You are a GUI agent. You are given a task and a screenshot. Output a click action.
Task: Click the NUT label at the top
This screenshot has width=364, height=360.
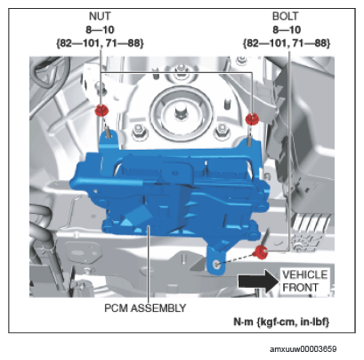(x=100, y=16)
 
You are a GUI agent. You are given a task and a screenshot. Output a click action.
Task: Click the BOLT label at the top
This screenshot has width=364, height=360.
(x=286, y=16)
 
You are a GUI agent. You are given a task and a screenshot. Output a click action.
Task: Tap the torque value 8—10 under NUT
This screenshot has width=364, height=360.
(x=100, y=29)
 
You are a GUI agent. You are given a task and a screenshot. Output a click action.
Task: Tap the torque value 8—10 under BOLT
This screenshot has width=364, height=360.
(x=287, y=29)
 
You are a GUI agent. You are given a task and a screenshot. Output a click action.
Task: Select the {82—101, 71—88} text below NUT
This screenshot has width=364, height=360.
(x=100, y=44)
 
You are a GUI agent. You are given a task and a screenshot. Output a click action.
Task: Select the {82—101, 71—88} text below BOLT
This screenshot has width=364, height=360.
(x=287, y=44)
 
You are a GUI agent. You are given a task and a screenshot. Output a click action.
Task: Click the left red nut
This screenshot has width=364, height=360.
(x=101, y=110)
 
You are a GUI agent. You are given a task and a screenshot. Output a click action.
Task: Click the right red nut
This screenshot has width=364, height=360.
(x=252, y=119)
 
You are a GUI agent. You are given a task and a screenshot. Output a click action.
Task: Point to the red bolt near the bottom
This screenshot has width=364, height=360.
(x=260, y=252)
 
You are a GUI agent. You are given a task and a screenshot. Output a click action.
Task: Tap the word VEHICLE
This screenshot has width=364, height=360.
(x=304, y=274)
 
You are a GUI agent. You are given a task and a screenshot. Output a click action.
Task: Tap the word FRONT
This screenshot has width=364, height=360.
(x=300, y=288)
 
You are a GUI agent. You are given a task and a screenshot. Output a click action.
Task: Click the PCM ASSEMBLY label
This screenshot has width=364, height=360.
(x=145, y=308)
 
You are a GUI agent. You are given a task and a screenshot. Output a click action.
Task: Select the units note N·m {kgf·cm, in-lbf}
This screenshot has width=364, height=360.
(x=281, y=322)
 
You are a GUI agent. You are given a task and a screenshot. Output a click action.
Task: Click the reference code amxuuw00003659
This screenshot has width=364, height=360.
(x=303, y=349)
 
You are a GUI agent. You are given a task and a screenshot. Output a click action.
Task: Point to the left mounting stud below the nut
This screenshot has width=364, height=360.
(x=108, y=132)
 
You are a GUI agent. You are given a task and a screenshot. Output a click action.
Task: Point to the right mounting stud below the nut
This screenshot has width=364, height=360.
(x=250, y=139)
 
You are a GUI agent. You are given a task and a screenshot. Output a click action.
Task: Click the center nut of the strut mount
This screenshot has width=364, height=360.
(x=180, y=113)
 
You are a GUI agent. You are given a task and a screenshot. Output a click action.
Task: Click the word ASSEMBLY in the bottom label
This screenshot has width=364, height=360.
(x=158, y=308)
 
